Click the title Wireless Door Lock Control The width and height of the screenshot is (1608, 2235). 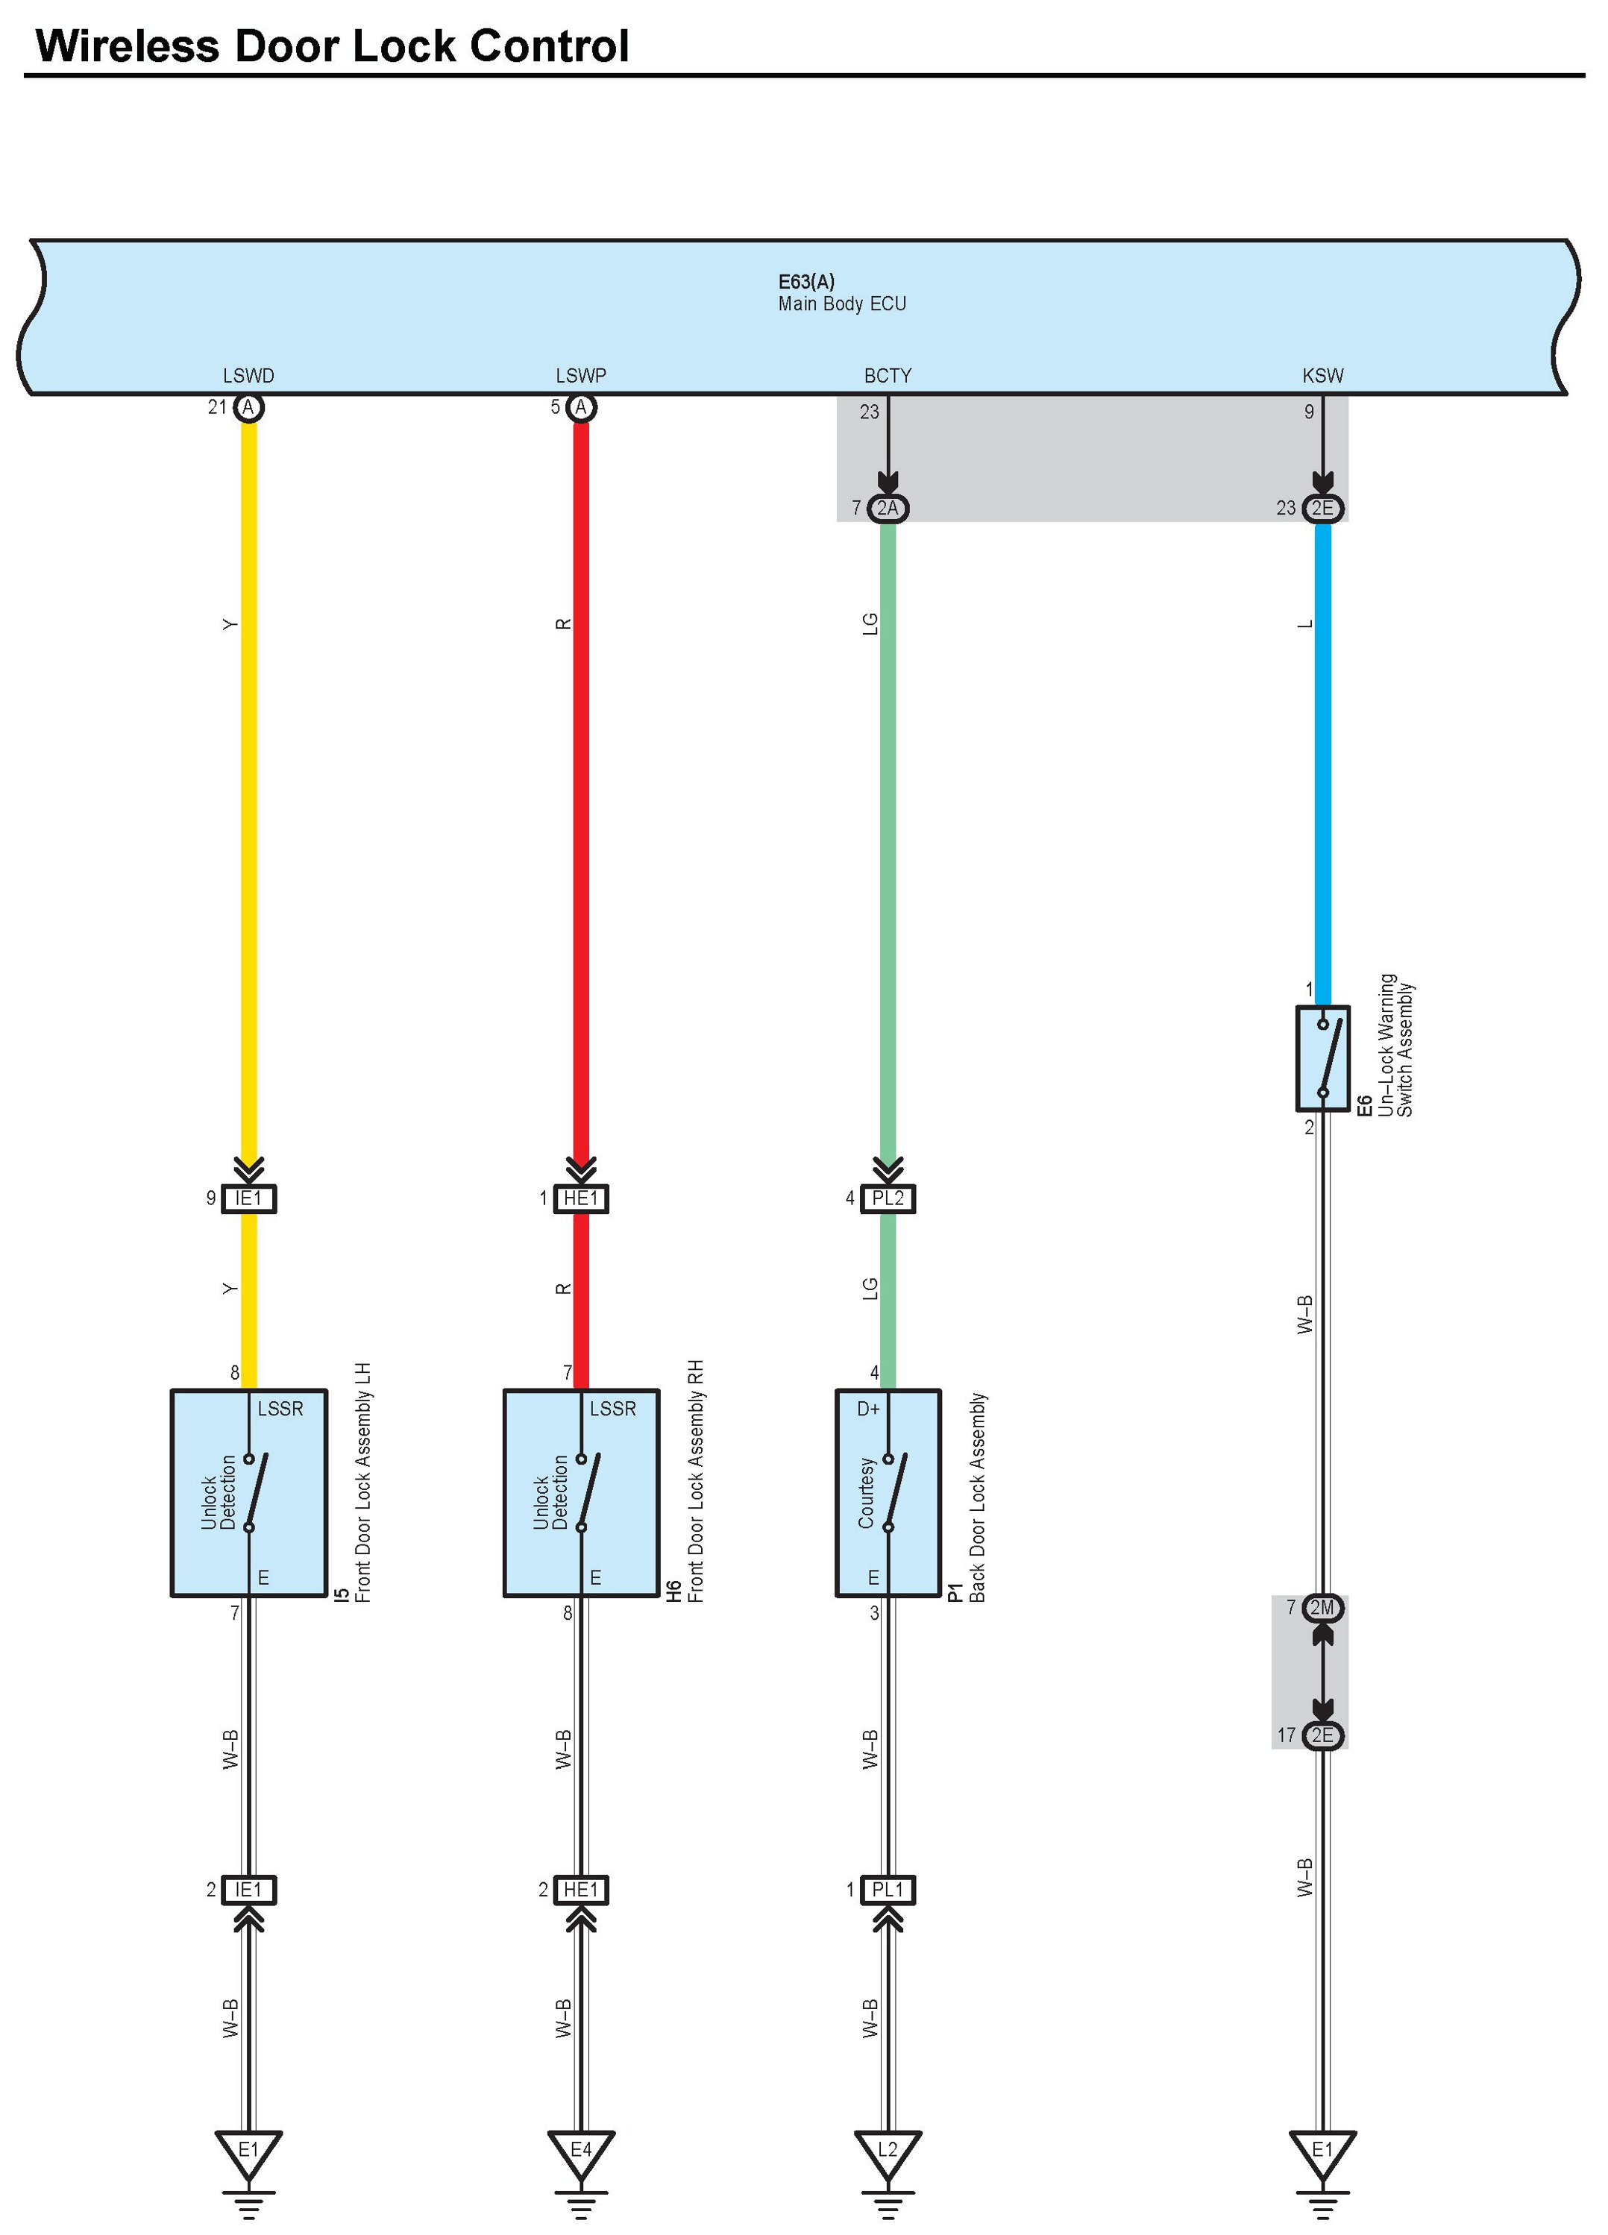[331, 46]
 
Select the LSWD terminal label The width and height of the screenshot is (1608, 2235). [248, 375]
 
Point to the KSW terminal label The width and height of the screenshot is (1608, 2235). [1322, 375]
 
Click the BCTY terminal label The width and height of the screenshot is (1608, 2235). [887, 375]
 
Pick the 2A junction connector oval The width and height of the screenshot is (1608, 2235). [887, 508]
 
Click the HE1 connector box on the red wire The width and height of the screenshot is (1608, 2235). [580, 1198]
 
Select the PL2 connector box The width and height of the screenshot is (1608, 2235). [888, 1198]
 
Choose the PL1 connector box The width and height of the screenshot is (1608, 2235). [888, 1890]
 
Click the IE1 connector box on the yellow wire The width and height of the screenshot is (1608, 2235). [248, 1198]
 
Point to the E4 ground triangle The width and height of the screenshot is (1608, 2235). [580, 2150]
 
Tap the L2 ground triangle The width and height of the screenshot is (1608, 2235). [888, 2150]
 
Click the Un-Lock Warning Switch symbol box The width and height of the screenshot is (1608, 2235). [1322, 1058]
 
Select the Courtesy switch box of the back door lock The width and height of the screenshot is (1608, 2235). [888, 1493]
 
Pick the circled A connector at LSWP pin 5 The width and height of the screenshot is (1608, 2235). [580, 407]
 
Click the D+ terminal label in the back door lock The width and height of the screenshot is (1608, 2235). [868, 1409]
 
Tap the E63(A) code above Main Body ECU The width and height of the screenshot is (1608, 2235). [806, 282]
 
